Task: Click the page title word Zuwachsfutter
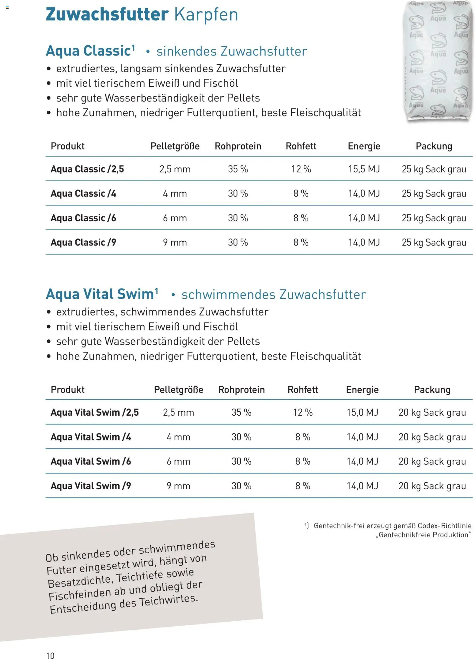coord(107,14)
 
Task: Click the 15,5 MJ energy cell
coord(364,169)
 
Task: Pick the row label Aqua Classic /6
coord(83,218)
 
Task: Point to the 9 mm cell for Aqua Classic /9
coord(175,242)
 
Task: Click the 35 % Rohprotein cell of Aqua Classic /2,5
coord(238,169)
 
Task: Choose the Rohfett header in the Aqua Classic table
coord(301,146)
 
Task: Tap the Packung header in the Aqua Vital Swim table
coord(432,390)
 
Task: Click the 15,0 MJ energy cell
coord(362,412)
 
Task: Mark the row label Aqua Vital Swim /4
coord(91,437)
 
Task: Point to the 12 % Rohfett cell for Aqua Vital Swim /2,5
coord(303,412)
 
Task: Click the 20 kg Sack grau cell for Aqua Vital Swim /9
coord(432,486)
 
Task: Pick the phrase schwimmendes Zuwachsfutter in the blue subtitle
coord(273,295)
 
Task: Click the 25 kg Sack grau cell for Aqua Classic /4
coord(434,193)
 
